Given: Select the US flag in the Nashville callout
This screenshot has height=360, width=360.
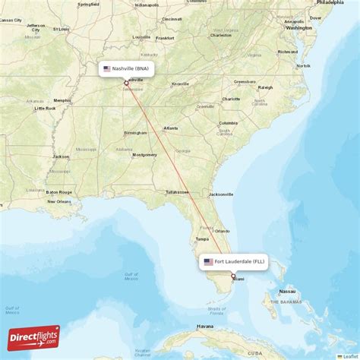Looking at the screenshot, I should pos(107,68).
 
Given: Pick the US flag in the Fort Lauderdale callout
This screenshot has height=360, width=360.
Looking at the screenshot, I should pos(208,262).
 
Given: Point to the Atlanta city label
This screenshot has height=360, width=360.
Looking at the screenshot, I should pos(171,128).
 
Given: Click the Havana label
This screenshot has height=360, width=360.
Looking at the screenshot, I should pos(204,327).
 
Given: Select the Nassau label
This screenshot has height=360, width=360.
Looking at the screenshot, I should pos(286,291).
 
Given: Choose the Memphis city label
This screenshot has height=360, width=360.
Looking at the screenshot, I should pos(62,99).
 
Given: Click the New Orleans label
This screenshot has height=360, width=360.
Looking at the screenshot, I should pos(58,201).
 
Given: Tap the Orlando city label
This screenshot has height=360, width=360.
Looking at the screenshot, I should pos(222,231).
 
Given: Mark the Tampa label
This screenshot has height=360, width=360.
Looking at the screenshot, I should pos(202,238).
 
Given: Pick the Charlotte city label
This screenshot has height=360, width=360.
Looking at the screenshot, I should pos(231,99).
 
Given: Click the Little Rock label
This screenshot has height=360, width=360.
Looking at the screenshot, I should pos(45,109).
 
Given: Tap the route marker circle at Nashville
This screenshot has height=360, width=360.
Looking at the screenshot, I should pos(126,84).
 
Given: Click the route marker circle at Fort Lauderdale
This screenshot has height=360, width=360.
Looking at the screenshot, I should pos(233,276).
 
